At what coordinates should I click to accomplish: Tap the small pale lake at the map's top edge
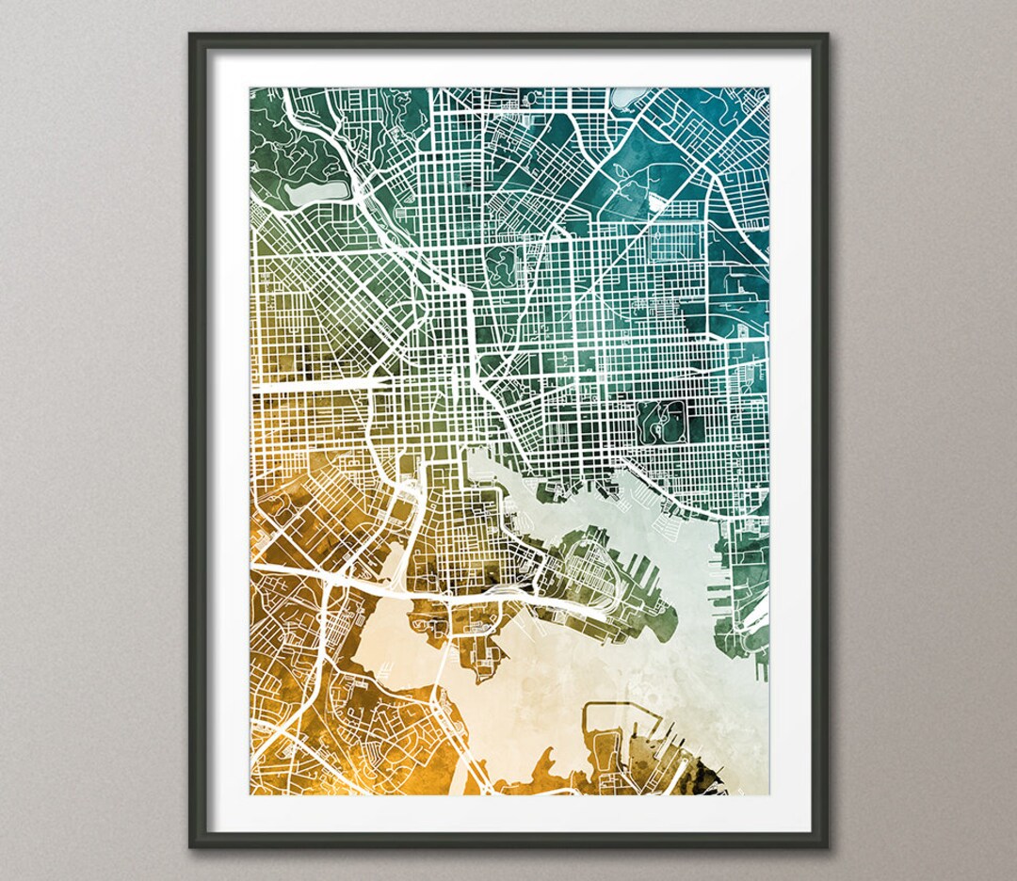(x=628, y=96)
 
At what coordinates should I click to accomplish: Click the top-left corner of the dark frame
(x=191, y=36)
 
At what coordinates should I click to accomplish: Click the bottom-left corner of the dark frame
(x=191, y=845)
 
